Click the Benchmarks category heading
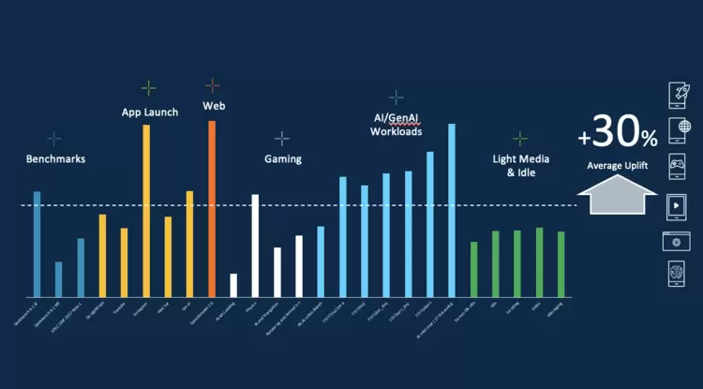(x=55, y=159)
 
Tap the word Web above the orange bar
(x=214, y=106)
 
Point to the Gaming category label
(x=282, y=159)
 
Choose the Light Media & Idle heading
(x=519, y=166)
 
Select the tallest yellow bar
(x=146, y=210)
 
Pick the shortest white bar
(x=233, y=285)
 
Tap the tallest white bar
(x=254, y=245)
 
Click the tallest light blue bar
(x=452, y=210)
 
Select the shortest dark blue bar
(x=59, y=278)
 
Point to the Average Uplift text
(x=618, y=165)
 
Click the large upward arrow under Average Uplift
(x=617, y=197)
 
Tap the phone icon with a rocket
(x=677, y=95)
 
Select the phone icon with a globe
(x=677, y=130)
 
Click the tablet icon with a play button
(x=677, y=203)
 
